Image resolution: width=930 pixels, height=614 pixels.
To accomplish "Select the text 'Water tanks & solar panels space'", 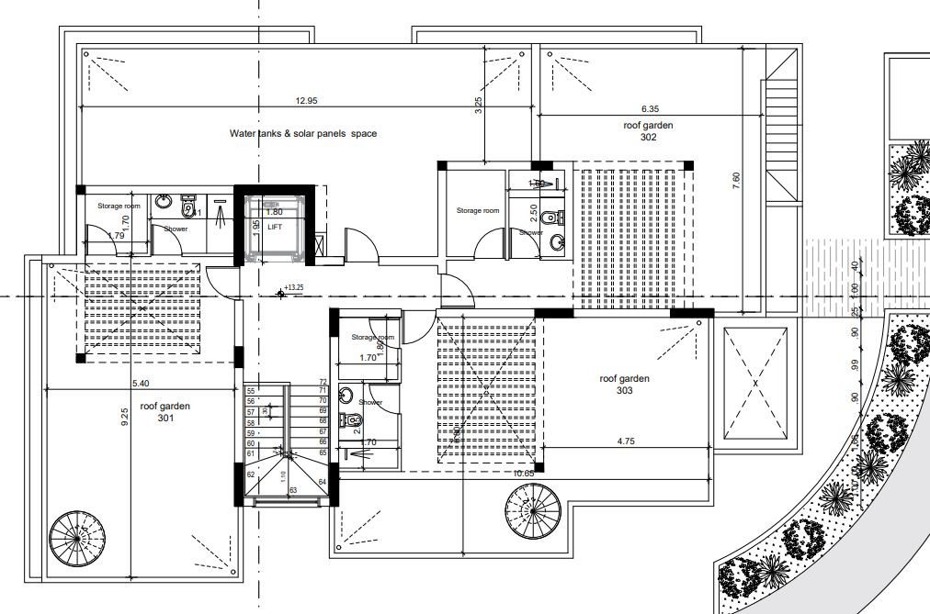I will point(302,134).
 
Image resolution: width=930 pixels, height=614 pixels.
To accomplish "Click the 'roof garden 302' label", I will point(648,130).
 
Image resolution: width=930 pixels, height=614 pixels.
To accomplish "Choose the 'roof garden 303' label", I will point(624,384).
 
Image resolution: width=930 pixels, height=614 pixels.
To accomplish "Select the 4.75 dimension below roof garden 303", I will point(627,441).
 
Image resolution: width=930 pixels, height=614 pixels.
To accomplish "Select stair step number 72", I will point(323,382).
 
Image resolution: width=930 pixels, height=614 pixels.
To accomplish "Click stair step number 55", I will point(250,391).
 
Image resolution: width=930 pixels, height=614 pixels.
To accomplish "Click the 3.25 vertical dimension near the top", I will point(478,106).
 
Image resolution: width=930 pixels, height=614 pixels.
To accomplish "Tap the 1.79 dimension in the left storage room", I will point(116,236).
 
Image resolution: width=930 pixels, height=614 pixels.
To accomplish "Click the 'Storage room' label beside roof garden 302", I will point(478,210).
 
